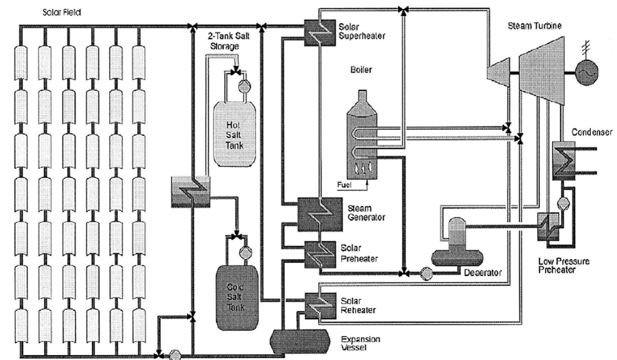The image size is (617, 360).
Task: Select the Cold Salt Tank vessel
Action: click(x=237, y=297)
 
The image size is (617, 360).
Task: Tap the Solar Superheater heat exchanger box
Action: click(x=320, y=32)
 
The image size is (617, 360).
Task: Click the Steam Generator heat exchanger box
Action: click(x=320, y=214)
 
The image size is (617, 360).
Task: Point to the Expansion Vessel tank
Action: click(x=300, y=341)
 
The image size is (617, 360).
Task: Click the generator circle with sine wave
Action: click(x=586, y=73)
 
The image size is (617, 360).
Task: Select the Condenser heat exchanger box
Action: click(x=564, y=161)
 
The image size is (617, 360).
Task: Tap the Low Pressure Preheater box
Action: click(x=548, y=227)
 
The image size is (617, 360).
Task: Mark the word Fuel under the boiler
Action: click(x=344, y=185)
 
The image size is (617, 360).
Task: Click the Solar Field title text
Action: click(x=62, y=13)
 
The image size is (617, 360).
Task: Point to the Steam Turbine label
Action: click(x=535, y=26)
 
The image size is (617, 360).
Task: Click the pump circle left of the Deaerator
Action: click(x=426, y=274)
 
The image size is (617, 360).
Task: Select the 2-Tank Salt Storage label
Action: click(x=228, y=40)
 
